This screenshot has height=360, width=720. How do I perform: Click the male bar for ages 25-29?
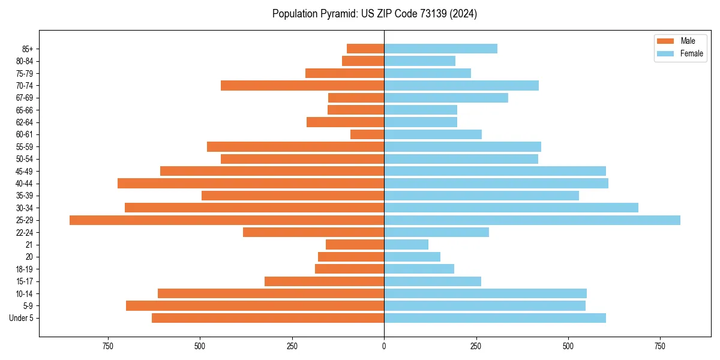(227, 220)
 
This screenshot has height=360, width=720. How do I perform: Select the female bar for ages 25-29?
(532, 220)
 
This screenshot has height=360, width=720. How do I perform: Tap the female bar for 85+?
(440, 49)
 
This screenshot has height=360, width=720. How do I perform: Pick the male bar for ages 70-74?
(302, 86)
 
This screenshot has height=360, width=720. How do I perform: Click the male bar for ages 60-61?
(367, 134)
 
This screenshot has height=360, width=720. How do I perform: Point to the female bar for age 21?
(406, 245)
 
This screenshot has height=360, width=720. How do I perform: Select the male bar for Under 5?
(268, 318)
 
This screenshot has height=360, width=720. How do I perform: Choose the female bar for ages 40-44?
(496, 184)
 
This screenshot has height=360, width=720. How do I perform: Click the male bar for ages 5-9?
(255, 306)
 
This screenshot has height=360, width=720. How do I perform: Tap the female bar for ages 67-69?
(446, 98)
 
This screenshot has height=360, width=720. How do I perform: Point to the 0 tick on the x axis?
(384, 347)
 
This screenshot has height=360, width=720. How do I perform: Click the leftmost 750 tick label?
(108, 347)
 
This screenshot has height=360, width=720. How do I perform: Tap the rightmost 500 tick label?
(568, 347)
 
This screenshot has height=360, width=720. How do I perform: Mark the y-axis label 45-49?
(25, 172)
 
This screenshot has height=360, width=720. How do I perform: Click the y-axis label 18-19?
(25, 269)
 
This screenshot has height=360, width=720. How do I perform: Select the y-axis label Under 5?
(22, 318)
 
